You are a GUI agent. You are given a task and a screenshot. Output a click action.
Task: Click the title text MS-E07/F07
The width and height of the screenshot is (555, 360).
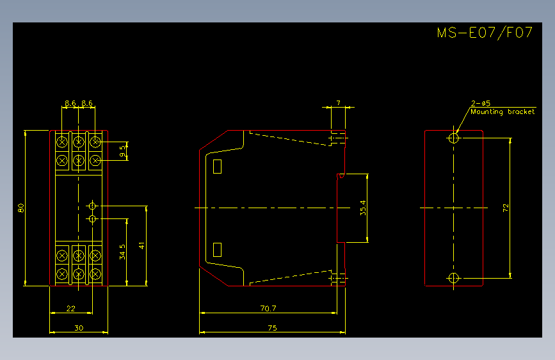point(485,33)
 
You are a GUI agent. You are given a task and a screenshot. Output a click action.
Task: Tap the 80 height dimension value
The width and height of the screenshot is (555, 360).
point(21,208)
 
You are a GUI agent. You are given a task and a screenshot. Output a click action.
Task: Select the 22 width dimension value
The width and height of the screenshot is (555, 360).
point(71,309)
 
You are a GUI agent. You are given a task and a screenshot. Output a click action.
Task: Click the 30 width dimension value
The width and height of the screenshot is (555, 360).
point(79,328)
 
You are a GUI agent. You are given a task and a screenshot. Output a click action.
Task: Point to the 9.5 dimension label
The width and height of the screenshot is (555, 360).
point(122,151)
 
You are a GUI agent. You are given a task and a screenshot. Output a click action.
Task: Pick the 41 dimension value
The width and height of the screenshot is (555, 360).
point(142,245)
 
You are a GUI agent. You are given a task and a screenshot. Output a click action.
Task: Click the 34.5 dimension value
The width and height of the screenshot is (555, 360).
point(122,252)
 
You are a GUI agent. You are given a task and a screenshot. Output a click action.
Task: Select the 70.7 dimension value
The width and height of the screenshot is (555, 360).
point(268,309)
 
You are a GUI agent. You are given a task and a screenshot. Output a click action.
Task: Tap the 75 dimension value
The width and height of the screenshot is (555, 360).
point(272,328)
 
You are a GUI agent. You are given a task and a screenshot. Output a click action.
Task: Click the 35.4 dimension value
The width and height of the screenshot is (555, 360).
point(363,208)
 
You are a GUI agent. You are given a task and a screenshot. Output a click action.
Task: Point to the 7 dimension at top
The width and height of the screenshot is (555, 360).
point(339,102)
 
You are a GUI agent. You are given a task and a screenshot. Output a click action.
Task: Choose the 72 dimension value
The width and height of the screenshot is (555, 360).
point(506,208)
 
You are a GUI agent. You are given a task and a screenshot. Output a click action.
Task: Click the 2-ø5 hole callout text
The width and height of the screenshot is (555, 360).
point(481,103)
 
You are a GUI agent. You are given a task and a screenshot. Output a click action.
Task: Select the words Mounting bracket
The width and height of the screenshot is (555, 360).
point(503,112)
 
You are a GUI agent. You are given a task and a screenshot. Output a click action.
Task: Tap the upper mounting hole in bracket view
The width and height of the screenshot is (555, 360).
point(454,138)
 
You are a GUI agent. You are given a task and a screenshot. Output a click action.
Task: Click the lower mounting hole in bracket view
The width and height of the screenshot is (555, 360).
point(454,278)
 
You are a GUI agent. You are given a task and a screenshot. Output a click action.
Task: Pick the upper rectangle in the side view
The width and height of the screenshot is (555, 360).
point(218,167)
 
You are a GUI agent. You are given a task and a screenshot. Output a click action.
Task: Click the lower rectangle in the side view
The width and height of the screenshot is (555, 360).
point(218,250)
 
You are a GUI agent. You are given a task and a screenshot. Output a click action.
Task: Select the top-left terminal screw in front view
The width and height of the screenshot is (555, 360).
point(62,142)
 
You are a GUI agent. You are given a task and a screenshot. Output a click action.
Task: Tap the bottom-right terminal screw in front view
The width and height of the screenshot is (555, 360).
point(95,274)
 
